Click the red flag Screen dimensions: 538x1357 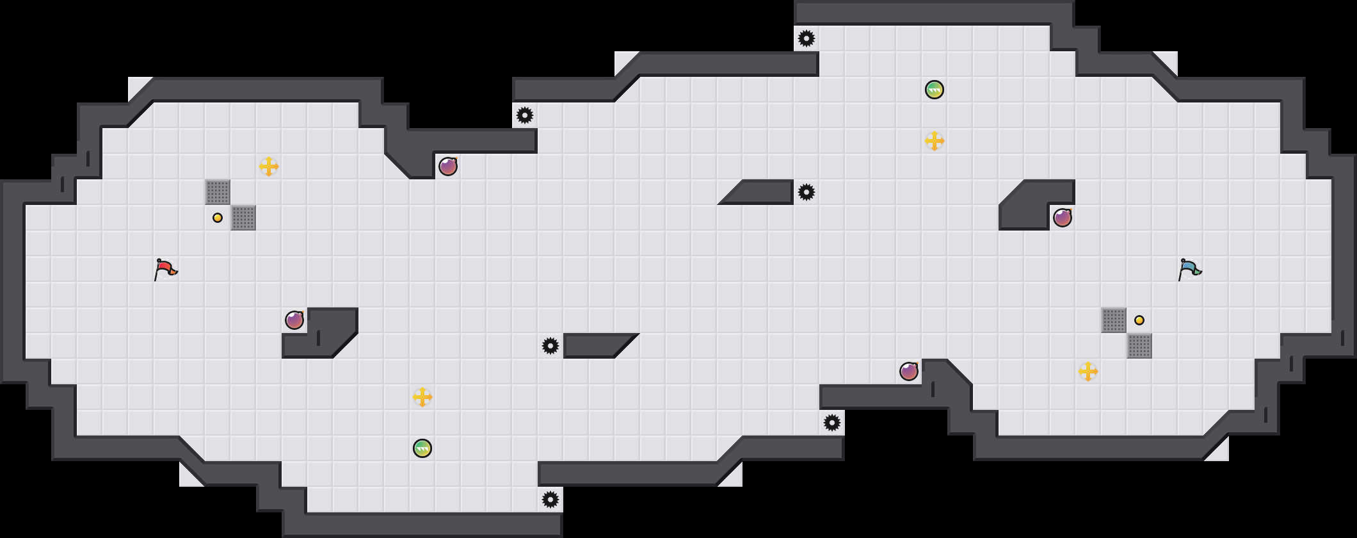click(x=165, y=269)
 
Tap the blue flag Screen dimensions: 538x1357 click(x=1189, y=269)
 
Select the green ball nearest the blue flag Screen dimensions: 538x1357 click(x=935, y=90)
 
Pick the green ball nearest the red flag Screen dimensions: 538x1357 click(x=422, y=448)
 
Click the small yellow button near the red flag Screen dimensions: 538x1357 click(x=218, y=218)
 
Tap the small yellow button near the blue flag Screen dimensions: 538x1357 click(x=1139, y=320)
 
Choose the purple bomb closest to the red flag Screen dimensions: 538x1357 click(x=294, y=320)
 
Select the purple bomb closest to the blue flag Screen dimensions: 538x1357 click(x=1063, y=218)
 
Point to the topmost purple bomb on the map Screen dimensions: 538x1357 click(x=448, y=167)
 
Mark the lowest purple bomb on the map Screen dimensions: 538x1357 click(x=909, y=371)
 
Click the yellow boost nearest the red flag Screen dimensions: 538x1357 click(x=269, y=167)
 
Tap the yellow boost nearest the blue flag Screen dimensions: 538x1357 click(x=1088, y=371)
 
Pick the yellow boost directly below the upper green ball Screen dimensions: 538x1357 click(x=935, y=141)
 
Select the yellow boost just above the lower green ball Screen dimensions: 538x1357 click(x=422, y=397)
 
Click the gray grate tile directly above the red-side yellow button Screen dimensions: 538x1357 click(x=218, y=192)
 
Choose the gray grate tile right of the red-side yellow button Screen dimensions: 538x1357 click(x=243, y=218)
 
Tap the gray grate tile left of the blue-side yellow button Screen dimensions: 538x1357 click(x=1114, y=320)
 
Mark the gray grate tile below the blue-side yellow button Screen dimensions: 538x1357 click(x=1139, y=346)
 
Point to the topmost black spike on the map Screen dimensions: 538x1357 click(x=807, y=38)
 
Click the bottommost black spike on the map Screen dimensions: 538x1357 click(x=550, y=500)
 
